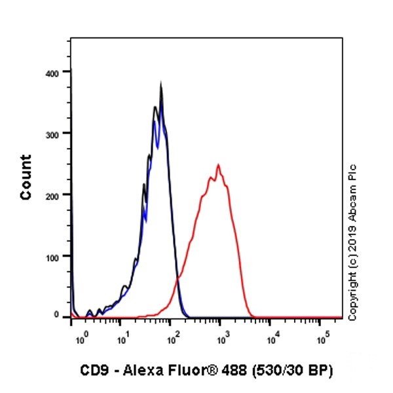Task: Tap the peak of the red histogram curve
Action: pyautogui.click(x=218, y=165)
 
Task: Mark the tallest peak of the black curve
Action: pyautogui.click(x=161, y=84)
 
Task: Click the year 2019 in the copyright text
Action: pyautogui.click(x=352, y=240)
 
